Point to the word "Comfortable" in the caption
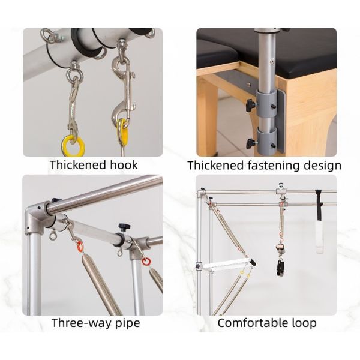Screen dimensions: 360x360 (251, 323)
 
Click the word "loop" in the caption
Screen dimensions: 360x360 (303, 323)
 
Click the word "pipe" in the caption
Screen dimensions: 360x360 (127, 324)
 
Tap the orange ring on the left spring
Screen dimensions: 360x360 (79, 246)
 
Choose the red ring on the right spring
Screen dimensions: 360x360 (146, 262)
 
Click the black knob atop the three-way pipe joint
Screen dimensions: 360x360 (124, 227)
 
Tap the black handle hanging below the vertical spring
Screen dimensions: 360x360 (281, 268)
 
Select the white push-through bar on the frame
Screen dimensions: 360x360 (226, 266)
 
